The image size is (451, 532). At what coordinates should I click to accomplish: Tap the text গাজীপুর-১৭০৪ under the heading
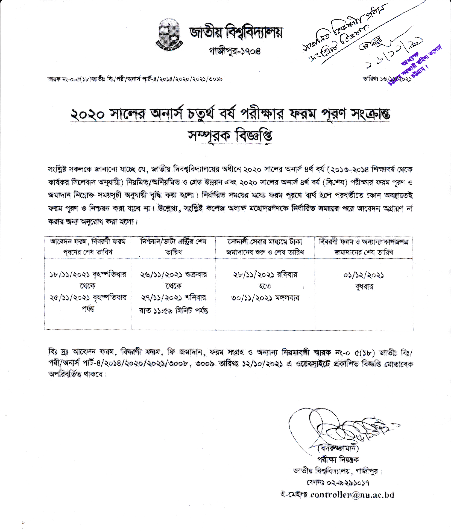pos(235,51)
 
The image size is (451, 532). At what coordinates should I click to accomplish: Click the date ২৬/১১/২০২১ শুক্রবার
pos(173,275)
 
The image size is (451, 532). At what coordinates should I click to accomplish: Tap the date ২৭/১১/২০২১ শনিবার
pos(173,298)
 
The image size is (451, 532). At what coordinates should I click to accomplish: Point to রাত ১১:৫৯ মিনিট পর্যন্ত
pos(173,311)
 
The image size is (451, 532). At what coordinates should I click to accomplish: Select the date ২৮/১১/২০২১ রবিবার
pos(265,275)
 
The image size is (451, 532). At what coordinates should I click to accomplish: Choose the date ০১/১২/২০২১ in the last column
pos(364,275)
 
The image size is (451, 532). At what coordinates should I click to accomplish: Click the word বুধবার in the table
pos(364,287)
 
